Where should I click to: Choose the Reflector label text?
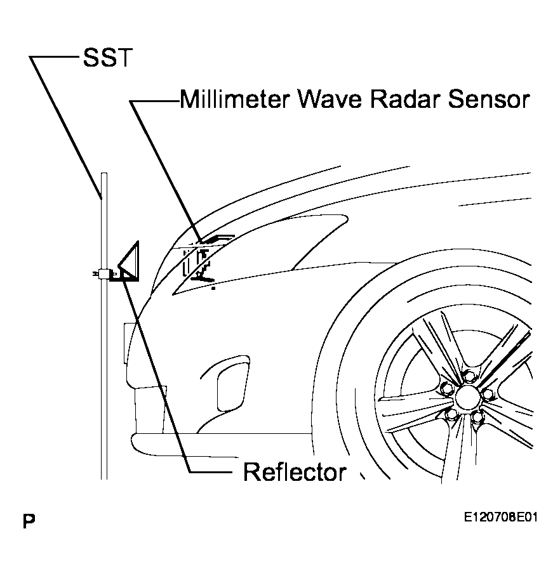pyautogui.click(x=295, y=472)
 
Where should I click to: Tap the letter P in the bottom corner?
pyautogui.click(x=28, y=522)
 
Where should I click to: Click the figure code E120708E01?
pyautogui.click(x=500, y=518)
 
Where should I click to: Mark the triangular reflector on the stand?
pyautogui.click(x=130, y=261)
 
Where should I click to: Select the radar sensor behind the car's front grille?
pyautogui.click(x=204, y=260)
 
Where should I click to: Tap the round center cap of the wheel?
pyautogui.click(x=467, y=398)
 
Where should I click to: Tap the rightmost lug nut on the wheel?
pyautogui.click(x=488, y=395)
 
